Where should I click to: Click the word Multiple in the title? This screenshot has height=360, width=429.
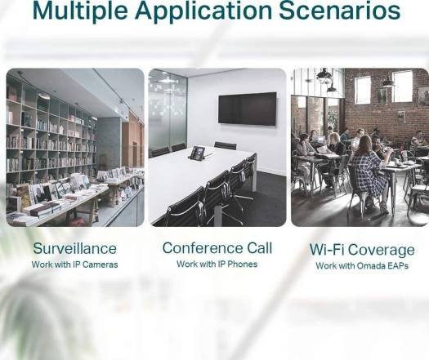[x=80, y=11]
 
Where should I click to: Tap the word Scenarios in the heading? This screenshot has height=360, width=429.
[x=340, y=11]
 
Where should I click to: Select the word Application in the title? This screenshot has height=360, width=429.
[x=203, y=11]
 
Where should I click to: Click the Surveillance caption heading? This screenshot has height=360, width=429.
[x=74, y=248]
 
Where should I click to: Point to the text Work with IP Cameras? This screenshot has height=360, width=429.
[x=74, y=264]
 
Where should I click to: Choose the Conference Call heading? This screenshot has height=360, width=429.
[x=217, y=248]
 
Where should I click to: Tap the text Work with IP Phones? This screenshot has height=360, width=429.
[x=217, y=264]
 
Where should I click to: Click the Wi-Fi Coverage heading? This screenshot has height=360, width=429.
[x=362, y=250]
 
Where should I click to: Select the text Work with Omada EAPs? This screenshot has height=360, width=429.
[x=362, y=265]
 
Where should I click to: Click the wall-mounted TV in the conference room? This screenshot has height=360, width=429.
[x=248, y=109]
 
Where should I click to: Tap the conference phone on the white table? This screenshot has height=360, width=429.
[x=199, y=153]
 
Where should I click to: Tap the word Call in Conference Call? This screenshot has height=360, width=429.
[x=259, y=248]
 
